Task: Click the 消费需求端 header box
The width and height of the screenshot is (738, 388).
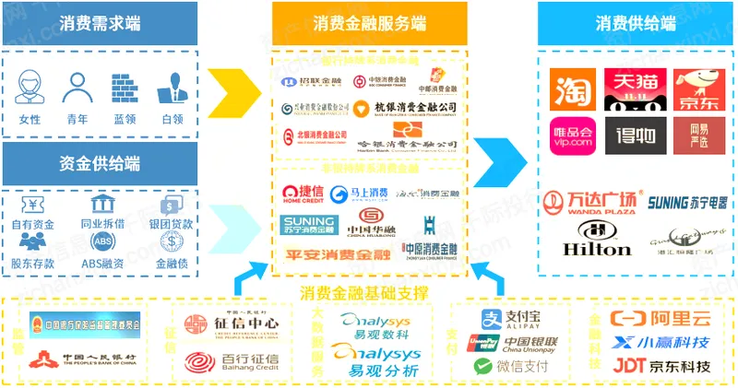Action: tap(100, 23)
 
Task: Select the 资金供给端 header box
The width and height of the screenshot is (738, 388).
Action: tap(100, 164)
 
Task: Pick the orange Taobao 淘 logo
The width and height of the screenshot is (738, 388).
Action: tap(571, 90)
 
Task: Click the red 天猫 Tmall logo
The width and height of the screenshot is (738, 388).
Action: tap(630, 90)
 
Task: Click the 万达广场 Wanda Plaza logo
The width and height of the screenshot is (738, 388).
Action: tap(589, 203)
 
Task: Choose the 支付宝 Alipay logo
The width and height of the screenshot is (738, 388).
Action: tap(516, 318)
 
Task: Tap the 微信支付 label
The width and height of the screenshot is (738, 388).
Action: tap(516, 366)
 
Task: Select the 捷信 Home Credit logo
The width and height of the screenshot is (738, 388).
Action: tap(304, 194)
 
